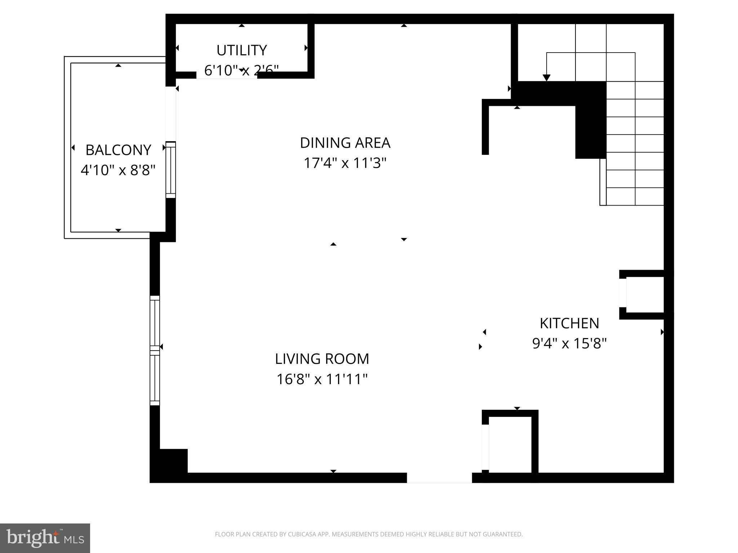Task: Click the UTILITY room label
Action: coord(241,50)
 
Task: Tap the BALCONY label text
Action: coord(118,150)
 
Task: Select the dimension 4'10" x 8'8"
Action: coord(118,170)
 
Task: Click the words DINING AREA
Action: coord(345,143)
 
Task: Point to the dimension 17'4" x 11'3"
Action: coord(345,163)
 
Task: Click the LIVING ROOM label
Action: coord(322,359)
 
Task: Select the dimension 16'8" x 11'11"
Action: coord(322,379)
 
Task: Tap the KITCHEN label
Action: coord(569,323)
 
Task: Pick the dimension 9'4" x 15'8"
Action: coord(569,343)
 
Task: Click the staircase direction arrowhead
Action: coord(546,77)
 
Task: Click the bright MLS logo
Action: coord(45,538)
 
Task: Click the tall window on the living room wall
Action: coord(155,350)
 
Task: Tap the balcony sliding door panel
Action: coord(171,170)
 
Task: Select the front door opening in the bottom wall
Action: coord(439,477)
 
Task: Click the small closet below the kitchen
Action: coord(510,444)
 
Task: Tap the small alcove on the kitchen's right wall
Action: coord(644,295)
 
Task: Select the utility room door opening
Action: coord(226,76)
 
